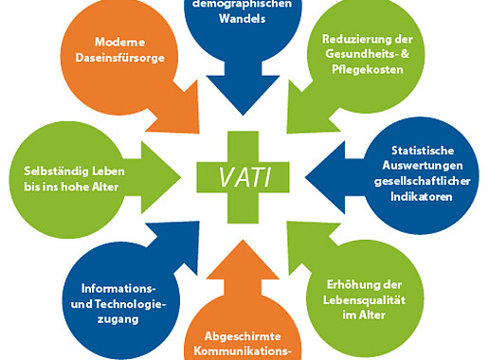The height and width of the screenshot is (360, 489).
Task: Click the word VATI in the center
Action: tap(245, 176)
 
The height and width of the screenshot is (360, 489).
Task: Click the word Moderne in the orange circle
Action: tap(119, 43)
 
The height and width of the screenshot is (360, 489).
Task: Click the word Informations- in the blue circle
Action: tap(118, 288)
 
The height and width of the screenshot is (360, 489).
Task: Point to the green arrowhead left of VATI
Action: tap(155, 173)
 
